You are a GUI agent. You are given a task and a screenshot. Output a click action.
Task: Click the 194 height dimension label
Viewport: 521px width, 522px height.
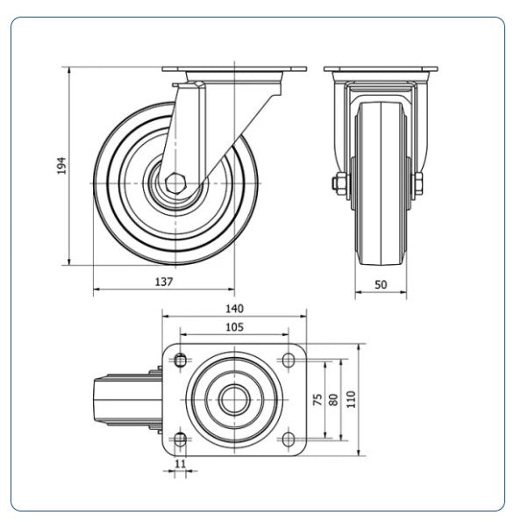(62, 166)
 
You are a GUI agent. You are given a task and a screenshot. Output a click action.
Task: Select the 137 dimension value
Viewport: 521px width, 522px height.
(164, 282)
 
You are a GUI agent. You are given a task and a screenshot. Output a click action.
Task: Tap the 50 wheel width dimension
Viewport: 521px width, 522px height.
(381, 284)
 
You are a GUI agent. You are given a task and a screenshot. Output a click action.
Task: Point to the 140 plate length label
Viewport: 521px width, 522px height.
(234, 309)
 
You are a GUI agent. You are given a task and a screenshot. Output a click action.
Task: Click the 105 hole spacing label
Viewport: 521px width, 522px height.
(234, 327)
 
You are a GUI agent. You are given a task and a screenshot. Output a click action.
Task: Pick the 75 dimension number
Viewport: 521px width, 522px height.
(318, 399)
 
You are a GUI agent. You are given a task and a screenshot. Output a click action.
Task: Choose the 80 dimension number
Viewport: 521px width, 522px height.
(333, 399)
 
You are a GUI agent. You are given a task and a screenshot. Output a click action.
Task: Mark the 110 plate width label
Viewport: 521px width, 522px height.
(351, 399)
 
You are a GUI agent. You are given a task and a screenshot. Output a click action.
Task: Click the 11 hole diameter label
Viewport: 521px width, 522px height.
(180, 463)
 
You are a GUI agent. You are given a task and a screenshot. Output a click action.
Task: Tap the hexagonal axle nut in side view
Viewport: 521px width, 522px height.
(175, 183)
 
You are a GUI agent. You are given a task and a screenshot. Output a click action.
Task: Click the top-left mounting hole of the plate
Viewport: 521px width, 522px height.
(180, 360)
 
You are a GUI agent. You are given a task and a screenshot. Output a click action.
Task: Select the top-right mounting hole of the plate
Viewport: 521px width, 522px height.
(289, 360)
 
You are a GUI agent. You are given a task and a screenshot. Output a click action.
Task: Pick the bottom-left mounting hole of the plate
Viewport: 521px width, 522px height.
(180, 440)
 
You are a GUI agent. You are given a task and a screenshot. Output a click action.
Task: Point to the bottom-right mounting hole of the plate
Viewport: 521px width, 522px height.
(289, 440)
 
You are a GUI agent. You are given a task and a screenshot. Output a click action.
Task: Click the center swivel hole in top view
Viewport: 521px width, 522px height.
(234, 399)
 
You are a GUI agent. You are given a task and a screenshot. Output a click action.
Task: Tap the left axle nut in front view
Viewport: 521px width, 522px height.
(339, 183)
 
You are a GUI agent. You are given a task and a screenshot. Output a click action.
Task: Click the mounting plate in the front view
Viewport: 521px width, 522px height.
(381, 69)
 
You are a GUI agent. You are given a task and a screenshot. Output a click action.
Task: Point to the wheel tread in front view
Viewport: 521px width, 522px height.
(381, 183)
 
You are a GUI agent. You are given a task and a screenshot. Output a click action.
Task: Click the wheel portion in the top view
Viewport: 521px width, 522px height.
(127, 400)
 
